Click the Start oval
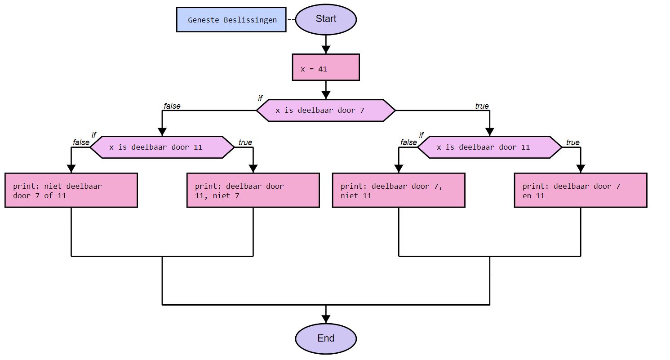[326, 19]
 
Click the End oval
[326, 338]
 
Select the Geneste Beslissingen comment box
[231, 20]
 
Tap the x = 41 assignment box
[326, 67]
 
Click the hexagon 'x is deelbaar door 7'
[326, 111]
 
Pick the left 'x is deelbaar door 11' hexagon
[162, 147]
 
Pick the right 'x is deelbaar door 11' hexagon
[489, 147]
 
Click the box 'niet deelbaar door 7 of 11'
[71, 191]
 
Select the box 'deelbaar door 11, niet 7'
[253, 191]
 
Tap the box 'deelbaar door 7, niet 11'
[399, 191]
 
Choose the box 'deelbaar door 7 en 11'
[581, 191]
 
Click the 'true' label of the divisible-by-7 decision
[482, 107]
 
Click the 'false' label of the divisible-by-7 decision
[172, 107]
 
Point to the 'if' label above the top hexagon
[260, 98]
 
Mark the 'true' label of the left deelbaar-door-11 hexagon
[245, 143]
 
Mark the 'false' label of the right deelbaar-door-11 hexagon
[408, 143]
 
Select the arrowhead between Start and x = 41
[326, 50]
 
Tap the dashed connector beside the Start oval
[291, 20]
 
